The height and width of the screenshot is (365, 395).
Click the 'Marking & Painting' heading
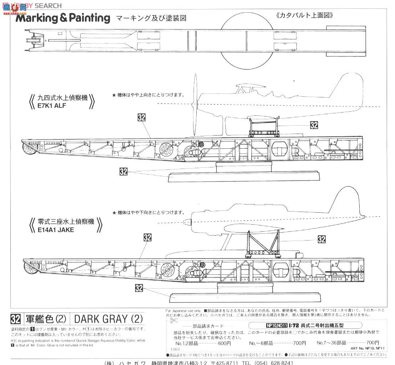pos(63,18)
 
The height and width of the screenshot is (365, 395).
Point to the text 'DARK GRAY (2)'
pos(108,319)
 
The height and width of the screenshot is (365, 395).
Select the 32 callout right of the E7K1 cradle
pos(314,125)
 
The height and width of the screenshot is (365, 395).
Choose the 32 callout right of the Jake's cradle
pos(321,239)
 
